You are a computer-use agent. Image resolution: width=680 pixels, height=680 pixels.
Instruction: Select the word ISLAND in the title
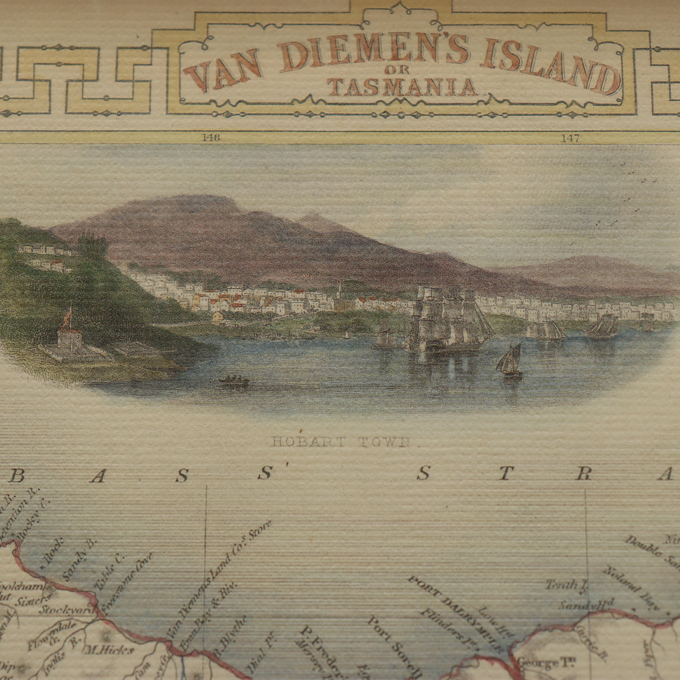pyautogui.click(x=549, y=69)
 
